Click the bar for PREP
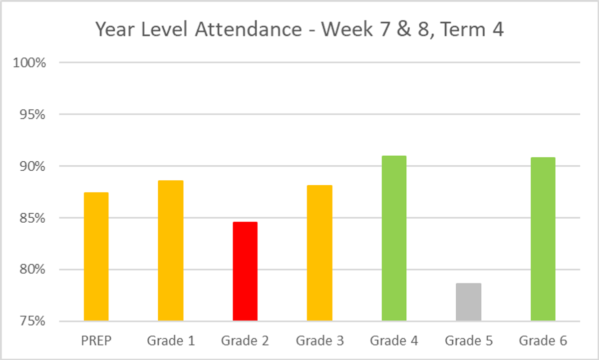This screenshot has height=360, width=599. [x=96, y=257]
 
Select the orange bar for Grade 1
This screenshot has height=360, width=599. [x=171, y=251]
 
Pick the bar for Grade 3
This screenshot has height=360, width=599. [x=319, y=253]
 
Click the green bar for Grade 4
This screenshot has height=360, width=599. [x=394, y=238]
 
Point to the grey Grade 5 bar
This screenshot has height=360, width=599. [x=468, y=302]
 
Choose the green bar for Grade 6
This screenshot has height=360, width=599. [x=543, y=239]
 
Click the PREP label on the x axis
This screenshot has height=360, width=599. [x=96, y=342]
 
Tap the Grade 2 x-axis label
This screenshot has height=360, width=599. [x=245, y=342]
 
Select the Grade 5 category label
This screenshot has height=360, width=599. [x=468, y=342]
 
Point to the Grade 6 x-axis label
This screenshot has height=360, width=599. [x=543, y=342]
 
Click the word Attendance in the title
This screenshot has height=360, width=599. [x=248, y=30]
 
